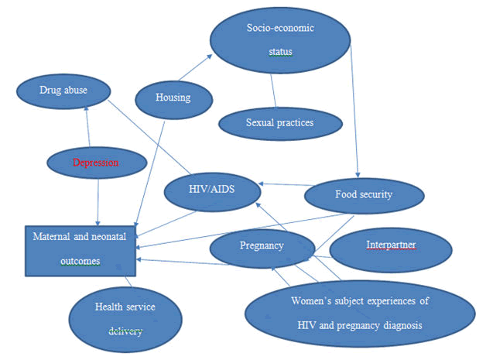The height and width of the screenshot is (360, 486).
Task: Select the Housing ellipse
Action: click(x=173, y=98)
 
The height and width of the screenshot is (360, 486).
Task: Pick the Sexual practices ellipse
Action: click(x=280, y=122)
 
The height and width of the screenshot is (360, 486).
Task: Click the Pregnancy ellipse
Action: click(x=261, y=245)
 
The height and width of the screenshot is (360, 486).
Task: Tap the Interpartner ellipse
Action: click(x=391, y=245)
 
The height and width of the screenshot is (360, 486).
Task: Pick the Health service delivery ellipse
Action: click(x=125, y=318)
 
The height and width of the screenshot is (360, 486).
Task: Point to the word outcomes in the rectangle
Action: click(x=80, y=261)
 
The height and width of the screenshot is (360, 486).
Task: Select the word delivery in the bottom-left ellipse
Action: click(x=126, y=331)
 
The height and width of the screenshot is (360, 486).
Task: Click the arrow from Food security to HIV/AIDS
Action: click(x=283, y=186)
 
